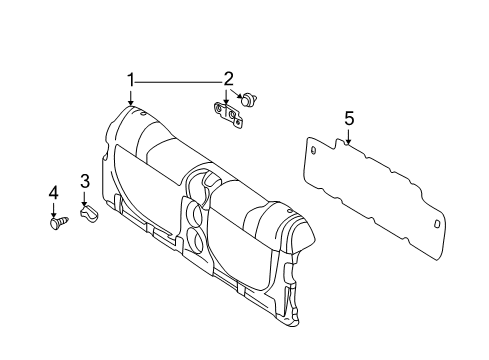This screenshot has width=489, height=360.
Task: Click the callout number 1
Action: click(x=129, y=80)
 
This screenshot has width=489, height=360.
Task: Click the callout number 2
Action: click(x=229, y=79)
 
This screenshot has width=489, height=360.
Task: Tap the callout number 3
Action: click(x=85, y=181)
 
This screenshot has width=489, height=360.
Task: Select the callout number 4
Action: click(x=53, y=192)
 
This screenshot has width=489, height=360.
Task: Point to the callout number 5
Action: click(x=349, y=120)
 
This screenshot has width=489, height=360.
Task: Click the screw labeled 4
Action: click(x=56, y=222)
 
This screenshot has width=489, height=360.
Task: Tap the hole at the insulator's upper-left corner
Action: click(x=315, y=150)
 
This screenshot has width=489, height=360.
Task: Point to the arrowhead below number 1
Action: click(x=130, y=101)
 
